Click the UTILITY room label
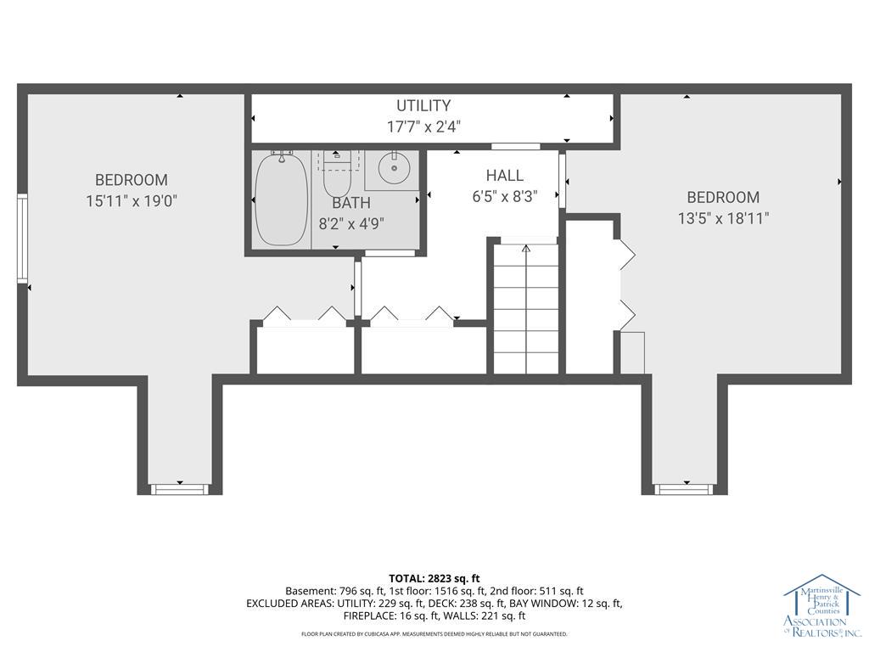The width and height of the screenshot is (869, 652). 423,106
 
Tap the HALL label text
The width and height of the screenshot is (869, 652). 505,176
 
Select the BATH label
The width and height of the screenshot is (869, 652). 350,203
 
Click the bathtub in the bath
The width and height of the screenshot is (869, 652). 282,200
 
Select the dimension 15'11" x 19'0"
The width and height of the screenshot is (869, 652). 131,201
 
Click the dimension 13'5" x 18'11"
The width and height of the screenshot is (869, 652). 723,218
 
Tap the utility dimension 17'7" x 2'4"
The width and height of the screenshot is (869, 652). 423,126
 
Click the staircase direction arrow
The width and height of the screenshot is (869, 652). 526,249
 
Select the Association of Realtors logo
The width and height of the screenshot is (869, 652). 821,607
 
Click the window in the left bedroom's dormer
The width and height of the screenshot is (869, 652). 179,489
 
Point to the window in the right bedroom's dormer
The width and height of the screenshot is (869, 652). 683,489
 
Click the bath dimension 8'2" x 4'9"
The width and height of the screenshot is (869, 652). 350,224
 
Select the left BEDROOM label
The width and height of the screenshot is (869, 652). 131,180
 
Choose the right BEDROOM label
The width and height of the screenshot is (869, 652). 723,197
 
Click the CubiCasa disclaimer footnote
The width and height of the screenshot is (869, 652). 434,634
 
